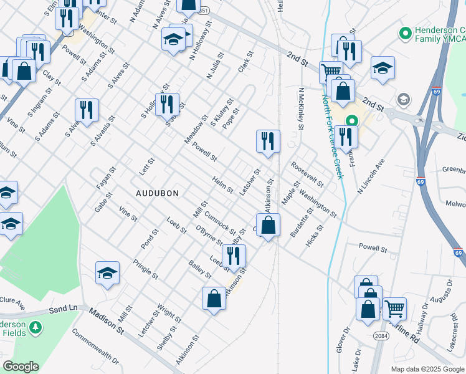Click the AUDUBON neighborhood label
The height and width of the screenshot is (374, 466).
pyautogui.click(x=153, y=193)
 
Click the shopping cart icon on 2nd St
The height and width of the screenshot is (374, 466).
pyautogui.click(x=331, y=72)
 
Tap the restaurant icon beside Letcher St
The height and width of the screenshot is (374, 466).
pyautogui.click(x=269, y=141)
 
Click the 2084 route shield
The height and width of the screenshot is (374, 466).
pyautogui.click(x=382, y=335)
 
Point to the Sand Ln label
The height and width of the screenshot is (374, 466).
pyautogui.click(x=64, y=309)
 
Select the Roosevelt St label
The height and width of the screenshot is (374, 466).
pyautogui.click(x=307, y=174)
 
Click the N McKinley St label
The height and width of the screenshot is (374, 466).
pyautogui.click(x=301, y=108)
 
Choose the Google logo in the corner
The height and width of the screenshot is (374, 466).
pyautogui.click(x=21, y=367)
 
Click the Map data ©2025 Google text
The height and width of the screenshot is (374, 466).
pyautogui.click(x=426, y=369)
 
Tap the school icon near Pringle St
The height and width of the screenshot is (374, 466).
pyautogui.click(x=108, y=272)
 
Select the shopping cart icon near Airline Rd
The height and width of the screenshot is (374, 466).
pyautogui.click(x=394, y=308)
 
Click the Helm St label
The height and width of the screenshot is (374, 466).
pyautogui.click(x=222, y=185)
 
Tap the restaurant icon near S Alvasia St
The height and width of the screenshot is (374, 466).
pyautogui.click(x=87, y=110)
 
